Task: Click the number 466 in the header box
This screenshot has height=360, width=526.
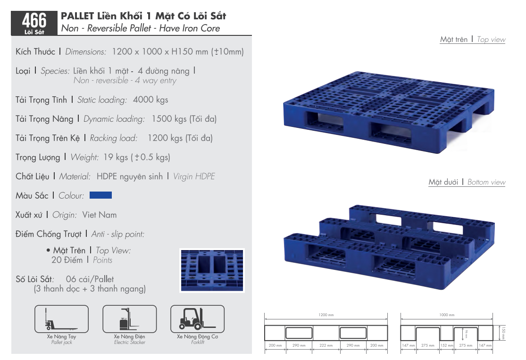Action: coord(34,20)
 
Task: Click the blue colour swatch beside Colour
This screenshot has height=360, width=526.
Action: coord(100,195)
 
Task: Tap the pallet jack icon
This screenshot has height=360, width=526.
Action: coord(62,319)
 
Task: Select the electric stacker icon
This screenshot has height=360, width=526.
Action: coord(129,319)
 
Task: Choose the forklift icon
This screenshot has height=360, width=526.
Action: coord(198,319)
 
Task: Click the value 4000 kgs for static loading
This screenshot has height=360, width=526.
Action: coord(150,100)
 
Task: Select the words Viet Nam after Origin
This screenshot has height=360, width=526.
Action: coord(100,215)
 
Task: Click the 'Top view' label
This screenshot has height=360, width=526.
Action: coord(491,40)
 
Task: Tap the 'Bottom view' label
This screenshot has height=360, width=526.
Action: coord(486,182)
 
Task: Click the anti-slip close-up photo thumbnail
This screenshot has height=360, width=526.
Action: coord(212,270)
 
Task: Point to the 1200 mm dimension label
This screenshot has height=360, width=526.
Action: coord(326,315)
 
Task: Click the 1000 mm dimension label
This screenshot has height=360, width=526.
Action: coord(447,315)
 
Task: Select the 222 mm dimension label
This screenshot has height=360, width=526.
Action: coord(326,345)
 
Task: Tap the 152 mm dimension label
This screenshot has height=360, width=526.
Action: coord(446,345)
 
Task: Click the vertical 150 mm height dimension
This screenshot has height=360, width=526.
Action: coord(503,333)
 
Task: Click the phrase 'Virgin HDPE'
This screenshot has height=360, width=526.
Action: coord(194,176)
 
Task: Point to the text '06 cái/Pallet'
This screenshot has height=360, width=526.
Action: coord(90,279)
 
